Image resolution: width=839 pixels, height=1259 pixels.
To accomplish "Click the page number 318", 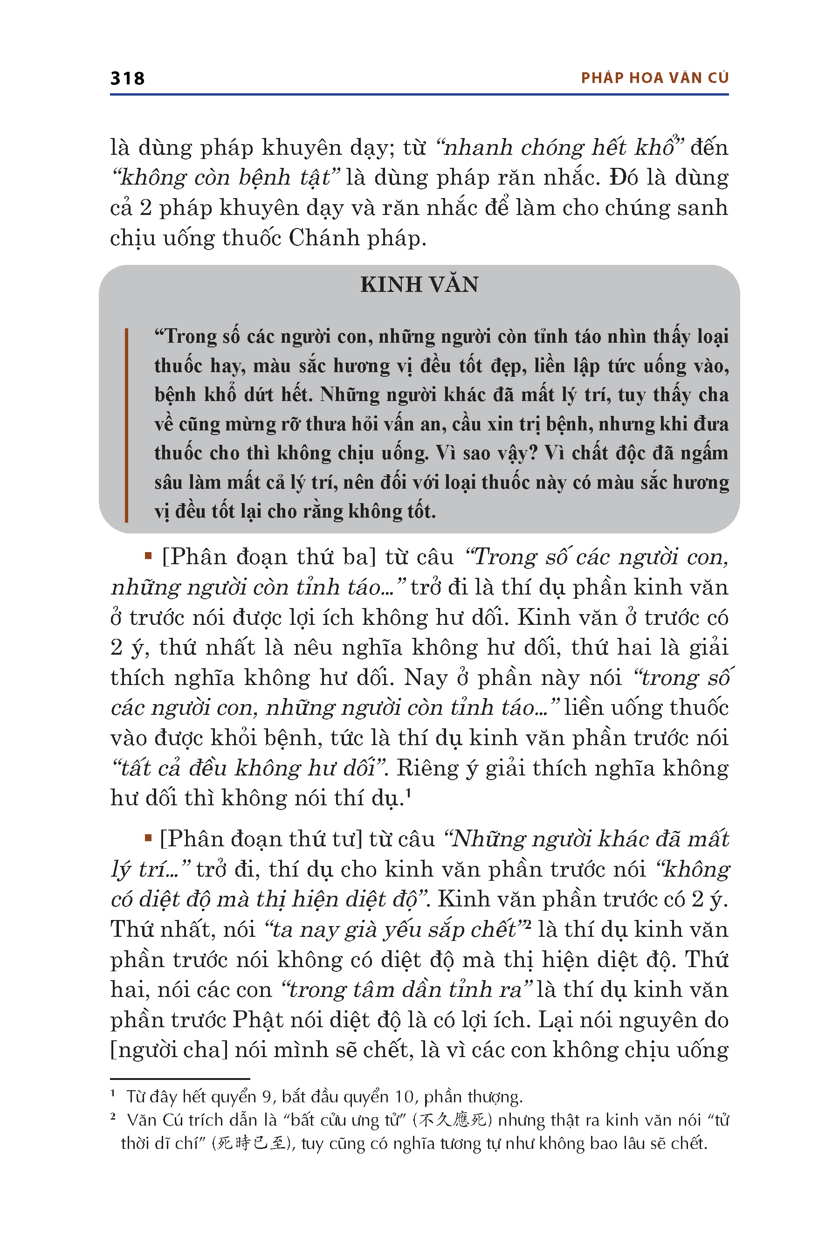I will pos(127,78).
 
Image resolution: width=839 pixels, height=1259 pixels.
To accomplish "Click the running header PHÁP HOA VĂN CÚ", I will pos(654,78).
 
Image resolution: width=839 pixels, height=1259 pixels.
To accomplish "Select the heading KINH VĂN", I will pos(419,285).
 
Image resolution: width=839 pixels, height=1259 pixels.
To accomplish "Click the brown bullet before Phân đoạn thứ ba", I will pos(148,557).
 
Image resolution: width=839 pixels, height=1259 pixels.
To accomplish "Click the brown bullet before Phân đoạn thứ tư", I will pos(148,838).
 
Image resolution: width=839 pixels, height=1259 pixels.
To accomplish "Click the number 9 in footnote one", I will pos(267,1097).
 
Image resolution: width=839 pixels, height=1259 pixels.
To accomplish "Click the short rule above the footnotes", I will pos(180,1079).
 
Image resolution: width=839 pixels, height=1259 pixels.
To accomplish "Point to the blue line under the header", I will pos(419,95).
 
